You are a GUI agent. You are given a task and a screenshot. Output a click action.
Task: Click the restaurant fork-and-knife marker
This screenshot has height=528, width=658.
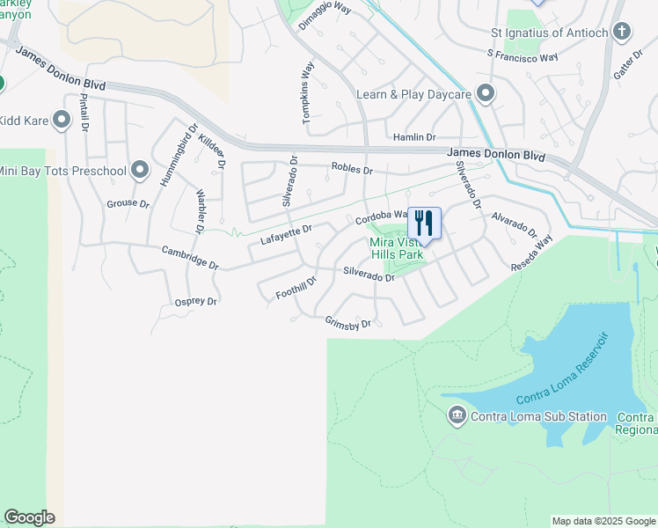coord(424,222)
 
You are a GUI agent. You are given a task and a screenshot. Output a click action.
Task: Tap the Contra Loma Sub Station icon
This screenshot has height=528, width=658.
coord(457,416)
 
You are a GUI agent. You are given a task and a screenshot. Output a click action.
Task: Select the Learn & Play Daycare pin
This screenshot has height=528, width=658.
coord(485,94)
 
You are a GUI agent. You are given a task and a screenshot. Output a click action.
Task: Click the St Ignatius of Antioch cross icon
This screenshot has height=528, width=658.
coord(622,33)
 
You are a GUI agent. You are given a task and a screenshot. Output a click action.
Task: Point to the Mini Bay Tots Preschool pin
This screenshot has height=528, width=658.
coord(140,171)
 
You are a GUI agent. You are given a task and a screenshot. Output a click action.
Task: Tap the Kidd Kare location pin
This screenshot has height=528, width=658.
coord(61,121)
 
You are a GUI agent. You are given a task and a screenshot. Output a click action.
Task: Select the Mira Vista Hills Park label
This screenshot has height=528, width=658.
coord(397,248)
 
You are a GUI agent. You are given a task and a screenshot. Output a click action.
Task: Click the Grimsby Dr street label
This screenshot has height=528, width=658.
coord(348,324)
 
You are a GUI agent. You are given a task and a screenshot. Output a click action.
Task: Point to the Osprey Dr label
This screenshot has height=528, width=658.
coord(195,302)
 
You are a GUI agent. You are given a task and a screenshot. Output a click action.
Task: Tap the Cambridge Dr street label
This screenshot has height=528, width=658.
coord(190,257)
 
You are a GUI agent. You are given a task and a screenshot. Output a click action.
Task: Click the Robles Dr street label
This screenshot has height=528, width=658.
coord(352,168)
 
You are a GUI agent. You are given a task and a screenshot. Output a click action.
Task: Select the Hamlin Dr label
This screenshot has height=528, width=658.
coord(414,137)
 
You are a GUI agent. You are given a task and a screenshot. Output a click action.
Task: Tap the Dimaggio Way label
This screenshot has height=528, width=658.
coord(325,17)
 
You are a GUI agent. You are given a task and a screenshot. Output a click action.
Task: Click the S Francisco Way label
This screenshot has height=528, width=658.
coord(523,55)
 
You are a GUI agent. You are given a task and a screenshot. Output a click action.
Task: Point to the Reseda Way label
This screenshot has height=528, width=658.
coord(532,253)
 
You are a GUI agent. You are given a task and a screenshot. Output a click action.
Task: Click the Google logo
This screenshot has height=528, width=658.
coord(29,517)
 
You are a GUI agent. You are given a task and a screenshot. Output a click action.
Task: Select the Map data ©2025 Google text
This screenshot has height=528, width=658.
coord(603,521)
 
